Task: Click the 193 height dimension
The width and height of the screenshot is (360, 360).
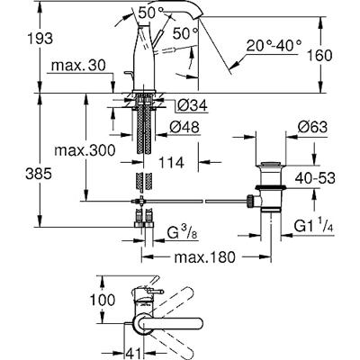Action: coord(40,39)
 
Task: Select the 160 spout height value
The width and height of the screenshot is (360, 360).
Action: coord(319,56)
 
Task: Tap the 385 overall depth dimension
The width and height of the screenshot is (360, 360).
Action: coord(39,174)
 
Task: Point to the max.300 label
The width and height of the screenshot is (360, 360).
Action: coord(85,150)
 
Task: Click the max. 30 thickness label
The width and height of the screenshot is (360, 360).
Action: coord(78,66)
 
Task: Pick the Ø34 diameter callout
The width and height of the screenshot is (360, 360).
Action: coord(192,105)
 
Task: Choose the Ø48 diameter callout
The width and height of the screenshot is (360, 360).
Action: coord(184,128)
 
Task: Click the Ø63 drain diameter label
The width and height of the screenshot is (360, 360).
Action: coord(312,128)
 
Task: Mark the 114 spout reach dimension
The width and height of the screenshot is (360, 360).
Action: coord(171,163)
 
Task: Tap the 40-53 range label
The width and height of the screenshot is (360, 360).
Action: coord(315,179)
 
